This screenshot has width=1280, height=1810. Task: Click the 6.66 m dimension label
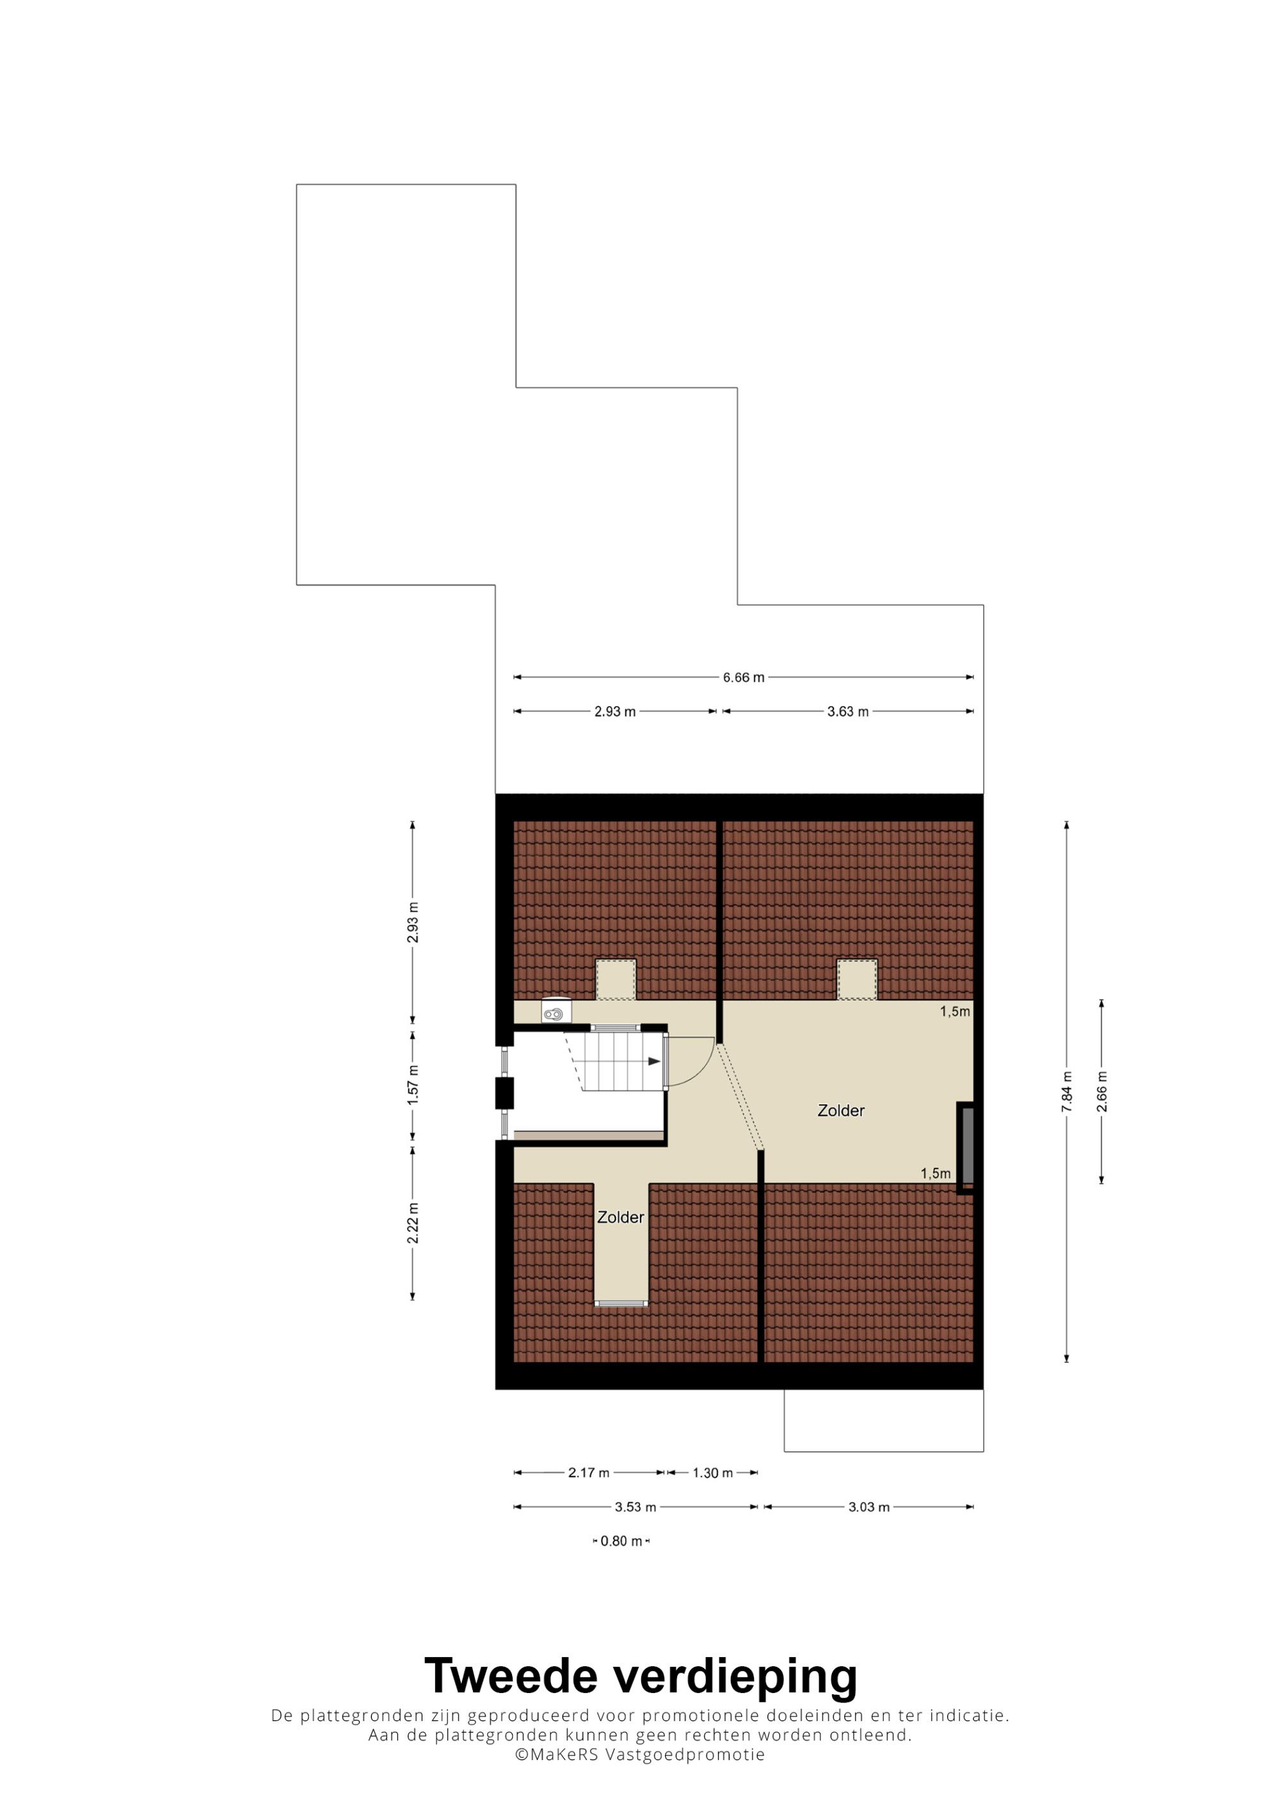point(743,677)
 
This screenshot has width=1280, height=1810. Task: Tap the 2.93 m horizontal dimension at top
point(614,712)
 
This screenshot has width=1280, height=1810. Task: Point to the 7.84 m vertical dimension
point(1067,1092)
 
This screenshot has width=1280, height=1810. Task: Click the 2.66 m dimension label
point(1102,1092)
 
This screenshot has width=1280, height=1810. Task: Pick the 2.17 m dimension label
point(588,1472)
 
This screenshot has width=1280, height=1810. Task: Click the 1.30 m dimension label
point(712,1472)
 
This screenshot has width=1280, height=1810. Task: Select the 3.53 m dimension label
point(635,1507)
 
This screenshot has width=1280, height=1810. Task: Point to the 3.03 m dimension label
point(868,1507)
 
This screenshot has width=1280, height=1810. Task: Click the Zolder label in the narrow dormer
point(621,1217)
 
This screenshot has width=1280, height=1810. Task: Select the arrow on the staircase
point(654,1062)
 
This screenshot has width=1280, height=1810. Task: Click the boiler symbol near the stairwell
point(556,1011)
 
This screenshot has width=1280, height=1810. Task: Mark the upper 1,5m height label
point(954,1011)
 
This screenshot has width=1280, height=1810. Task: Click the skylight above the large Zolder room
point(856,979)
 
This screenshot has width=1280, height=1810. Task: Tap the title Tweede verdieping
point(641,1678)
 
